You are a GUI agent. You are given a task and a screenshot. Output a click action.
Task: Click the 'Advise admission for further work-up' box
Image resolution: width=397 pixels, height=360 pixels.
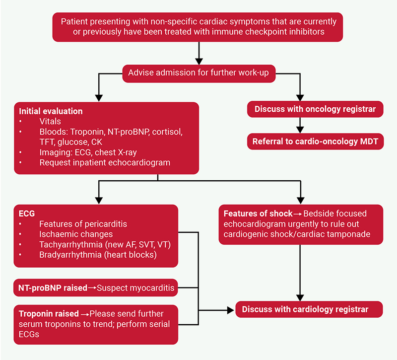tap(198, 73)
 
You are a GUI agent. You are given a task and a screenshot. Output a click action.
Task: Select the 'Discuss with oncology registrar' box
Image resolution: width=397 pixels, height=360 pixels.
tap(315, 109)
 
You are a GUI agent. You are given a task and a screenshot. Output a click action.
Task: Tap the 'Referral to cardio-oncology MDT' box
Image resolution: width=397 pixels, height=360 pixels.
tap(315, 142)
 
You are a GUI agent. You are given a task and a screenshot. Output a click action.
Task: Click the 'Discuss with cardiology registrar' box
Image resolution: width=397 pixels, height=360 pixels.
tap(309, 309)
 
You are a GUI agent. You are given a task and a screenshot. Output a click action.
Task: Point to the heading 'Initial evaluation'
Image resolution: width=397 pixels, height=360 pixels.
tap(51, 111)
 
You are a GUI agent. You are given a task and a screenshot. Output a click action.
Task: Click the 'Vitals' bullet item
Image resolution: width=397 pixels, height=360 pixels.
tap(51, 121)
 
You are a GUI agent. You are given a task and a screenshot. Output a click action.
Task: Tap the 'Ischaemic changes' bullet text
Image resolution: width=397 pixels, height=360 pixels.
tap(76, 234)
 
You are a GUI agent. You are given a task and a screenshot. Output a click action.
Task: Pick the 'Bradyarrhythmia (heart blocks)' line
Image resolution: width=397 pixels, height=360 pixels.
tap(97, 255)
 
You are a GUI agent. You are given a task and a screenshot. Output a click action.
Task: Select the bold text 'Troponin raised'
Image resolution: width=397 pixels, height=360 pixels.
tap(49, 314)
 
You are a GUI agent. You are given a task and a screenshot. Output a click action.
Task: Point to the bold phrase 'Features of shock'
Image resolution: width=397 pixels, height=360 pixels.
tap(258, 214)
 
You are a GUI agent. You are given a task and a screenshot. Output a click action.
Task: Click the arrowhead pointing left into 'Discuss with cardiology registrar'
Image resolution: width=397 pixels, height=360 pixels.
tap(230, 309)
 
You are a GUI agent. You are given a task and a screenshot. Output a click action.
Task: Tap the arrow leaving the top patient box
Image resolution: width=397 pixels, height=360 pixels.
tap(198, 52)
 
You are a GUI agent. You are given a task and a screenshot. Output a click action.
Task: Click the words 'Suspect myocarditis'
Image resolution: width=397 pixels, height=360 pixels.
tap(131, 288)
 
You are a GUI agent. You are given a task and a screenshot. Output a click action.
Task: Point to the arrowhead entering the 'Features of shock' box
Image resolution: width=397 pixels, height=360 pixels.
tap(300, 200)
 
